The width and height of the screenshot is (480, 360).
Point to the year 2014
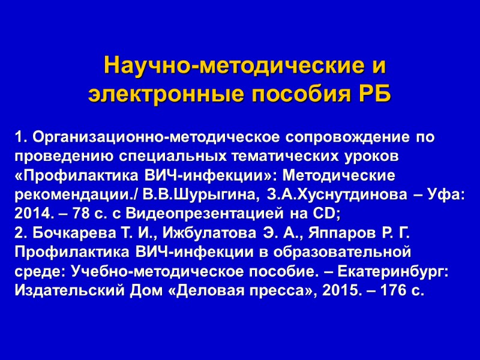point(31,214)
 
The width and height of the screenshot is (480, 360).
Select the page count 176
point(391,291)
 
